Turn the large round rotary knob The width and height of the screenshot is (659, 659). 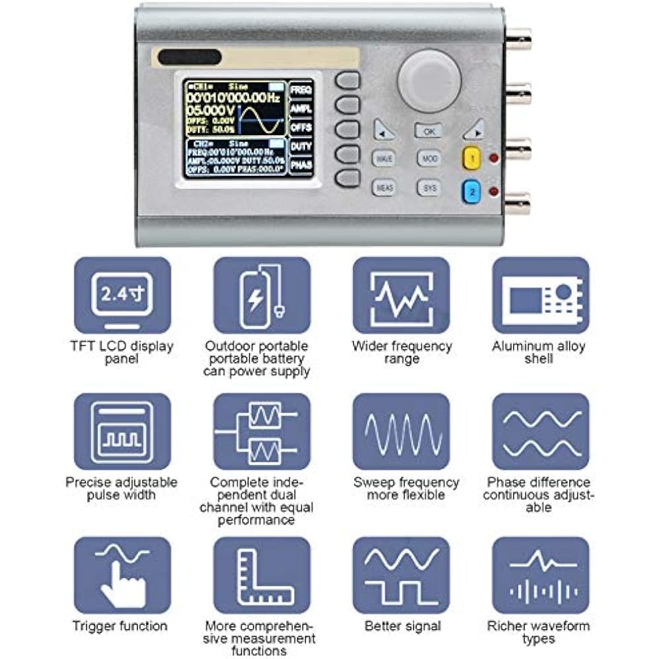point(430,81)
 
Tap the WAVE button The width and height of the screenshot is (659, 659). point(384,159)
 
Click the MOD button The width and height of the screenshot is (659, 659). point(429,159)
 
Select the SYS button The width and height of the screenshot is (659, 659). point(429,188)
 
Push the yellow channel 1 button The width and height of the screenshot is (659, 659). point(473,158)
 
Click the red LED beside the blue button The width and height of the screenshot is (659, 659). point(494,191)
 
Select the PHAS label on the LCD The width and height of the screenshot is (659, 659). point(301,164)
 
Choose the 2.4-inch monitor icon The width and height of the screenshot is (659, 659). point(123,295)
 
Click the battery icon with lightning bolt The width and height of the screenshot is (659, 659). point(262,295)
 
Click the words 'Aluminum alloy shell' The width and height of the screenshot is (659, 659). point(538,353)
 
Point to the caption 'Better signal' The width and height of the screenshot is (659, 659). point(402,626)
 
